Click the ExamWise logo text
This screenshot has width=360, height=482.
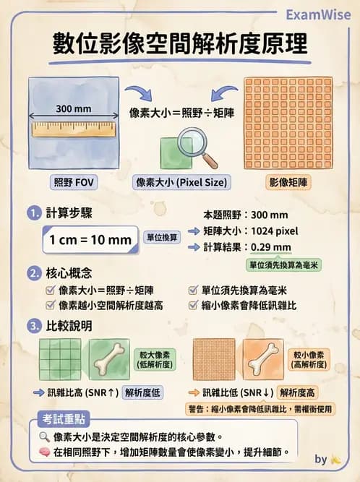(317, 14)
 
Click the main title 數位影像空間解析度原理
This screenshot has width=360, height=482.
(179, 45)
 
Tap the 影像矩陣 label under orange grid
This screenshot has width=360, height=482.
(288, 182)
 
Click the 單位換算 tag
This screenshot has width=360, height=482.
(163, 237)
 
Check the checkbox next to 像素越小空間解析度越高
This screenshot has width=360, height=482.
(51, 305)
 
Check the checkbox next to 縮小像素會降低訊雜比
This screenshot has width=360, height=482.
(192, 305)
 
